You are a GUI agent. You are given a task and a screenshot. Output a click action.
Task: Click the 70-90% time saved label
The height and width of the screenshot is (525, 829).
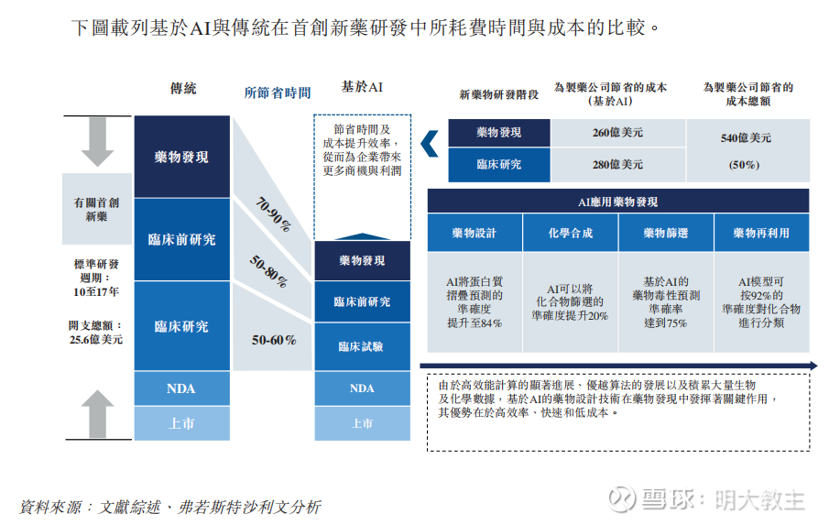click(273, 214)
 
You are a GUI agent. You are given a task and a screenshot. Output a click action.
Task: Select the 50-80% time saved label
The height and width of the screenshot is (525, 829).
click(269, 271)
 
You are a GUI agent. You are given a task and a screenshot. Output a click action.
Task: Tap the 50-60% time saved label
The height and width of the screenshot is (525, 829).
click(274, 340)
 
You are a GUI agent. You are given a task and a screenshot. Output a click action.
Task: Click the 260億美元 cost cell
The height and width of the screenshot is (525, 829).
click(617, 133)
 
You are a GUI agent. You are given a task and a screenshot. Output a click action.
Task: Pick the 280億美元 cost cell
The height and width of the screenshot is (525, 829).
click(617, 164)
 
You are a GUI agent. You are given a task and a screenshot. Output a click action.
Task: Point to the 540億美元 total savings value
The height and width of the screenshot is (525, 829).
click(746, 138)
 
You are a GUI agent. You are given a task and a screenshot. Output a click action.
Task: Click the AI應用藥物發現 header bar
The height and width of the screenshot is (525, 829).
click(618, 202)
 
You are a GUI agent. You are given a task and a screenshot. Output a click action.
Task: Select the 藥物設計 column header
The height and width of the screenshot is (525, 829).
click(474, 233)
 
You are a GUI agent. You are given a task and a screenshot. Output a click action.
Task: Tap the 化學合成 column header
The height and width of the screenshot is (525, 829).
click(571, 233)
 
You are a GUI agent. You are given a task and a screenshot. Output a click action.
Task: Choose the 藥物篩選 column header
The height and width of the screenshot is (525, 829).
click(666, 233)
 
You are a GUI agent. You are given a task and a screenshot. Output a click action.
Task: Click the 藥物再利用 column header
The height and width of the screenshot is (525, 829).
click(761, 233)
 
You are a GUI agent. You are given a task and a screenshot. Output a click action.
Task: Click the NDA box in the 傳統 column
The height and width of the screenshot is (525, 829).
click(182, 388)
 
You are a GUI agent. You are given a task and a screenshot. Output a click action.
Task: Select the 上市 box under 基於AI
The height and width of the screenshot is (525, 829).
click(362, 423)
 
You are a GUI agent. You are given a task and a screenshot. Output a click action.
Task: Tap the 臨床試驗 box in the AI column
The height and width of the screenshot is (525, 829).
click(362, 346)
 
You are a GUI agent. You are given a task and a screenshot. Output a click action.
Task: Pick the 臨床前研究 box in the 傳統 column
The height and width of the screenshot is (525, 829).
click(182, 239)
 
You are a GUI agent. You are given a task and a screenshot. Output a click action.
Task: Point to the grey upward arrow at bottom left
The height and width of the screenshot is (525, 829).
click(97, 414)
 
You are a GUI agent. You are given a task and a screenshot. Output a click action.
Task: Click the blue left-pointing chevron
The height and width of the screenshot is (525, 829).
click(430, 144)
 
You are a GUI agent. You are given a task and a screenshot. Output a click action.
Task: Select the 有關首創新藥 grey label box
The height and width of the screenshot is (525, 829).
click(97, 209)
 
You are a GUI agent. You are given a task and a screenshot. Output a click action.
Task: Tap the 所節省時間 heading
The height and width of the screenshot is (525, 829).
click(277, 93)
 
